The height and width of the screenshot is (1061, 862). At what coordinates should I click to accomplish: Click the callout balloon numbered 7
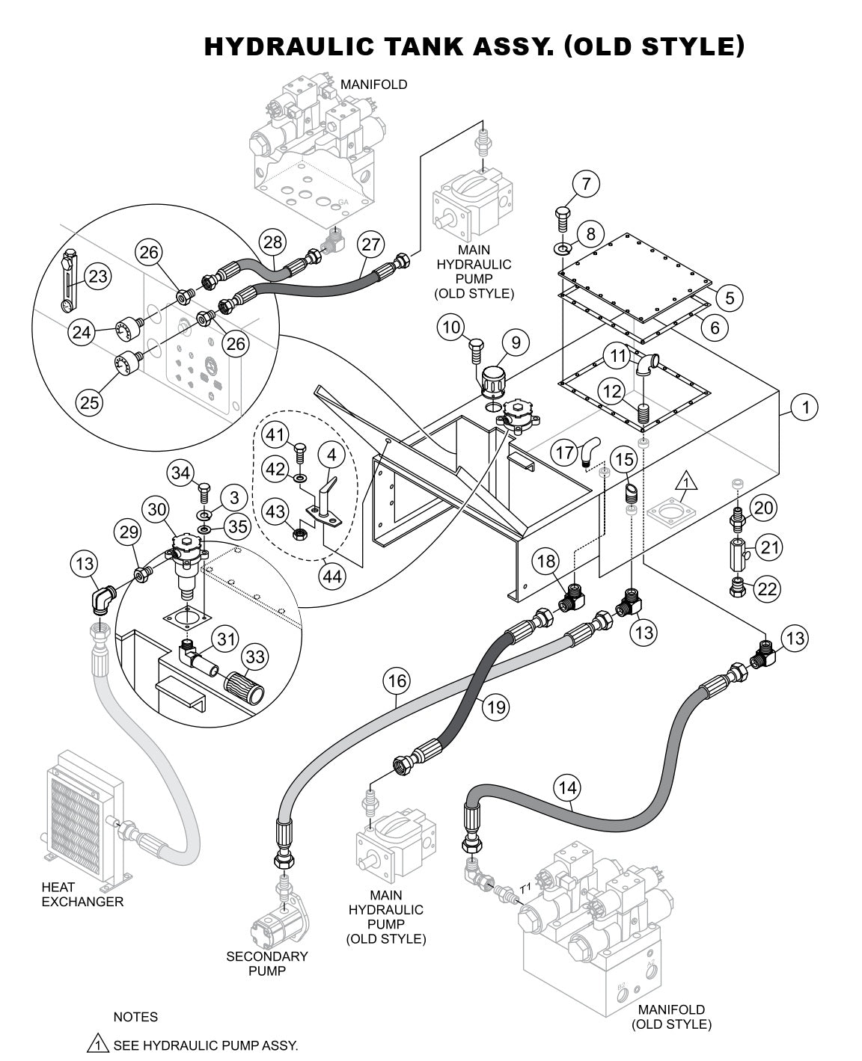click(587, 183)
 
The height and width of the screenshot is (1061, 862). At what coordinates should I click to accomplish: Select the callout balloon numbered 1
click(805, 408)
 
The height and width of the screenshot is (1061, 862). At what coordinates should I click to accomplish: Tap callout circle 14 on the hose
click(567, 787)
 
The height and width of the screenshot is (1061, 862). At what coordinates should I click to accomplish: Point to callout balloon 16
click(397, 680)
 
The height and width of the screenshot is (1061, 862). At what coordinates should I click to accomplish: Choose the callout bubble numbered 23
click(97, 277)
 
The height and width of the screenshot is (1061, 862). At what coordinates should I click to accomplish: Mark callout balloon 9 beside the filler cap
click(516, 343)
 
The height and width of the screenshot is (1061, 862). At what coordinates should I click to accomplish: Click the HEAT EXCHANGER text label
click(82, 894)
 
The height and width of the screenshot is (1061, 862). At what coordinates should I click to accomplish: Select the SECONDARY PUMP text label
click(267, 964)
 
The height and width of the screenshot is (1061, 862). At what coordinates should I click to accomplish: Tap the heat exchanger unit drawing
click(79, 815)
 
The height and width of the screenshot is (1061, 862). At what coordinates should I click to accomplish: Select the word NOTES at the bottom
click(135, 1017)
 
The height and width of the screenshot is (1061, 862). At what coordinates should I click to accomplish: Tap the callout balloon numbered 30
click(157, 509)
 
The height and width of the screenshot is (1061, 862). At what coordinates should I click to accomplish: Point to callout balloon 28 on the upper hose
click(274, 242)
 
